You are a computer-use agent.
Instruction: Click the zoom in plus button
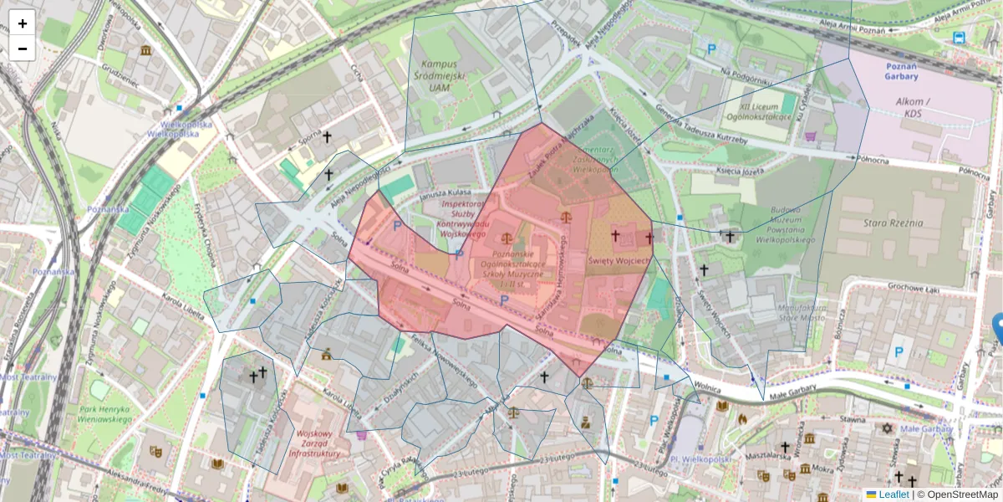click(23, 23)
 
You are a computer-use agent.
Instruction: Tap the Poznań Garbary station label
click(901, 70)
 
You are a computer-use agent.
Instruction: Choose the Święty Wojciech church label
click(619, 261)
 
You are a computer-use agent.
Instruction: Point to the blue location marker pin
click(998, 328)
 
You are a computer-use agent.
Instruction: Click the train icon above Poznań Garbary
click(958, 38)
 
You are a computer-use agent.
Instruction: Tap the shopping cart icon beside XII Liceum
click(809, 136)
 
